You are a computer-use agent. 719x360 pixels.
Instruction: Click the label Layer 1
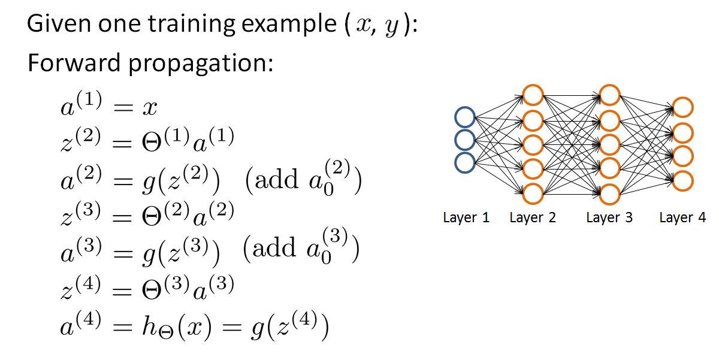[x=466, y=217]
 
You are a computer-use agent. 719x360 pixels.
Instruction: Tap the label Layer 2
[x=532, y=217]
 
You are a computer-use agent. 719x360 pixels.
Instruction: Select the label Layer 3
[x=609, y=217]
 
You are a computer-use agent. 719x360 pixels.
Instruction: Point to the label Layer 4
[x=682, y=217]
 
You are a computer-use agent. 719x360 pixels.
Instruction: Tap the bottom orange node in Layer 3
[x=609, y=193]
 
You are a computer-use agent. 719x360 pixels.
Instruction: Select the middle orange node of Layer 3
[x=609, y=144]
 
